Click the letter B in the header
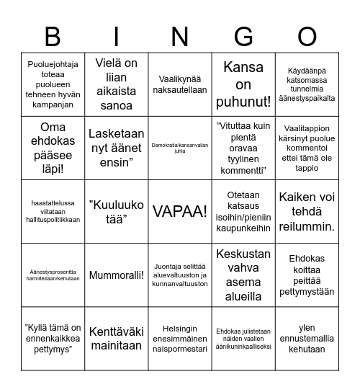point(53,35)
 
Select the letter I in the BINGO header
point(116,35)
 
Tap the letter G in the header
point(243,35)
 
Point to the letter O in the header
point(307,35)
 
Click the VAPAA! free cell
point(180,212)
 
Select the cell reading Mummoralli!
point(116,275)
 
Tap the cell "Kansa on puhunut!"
point(243,85)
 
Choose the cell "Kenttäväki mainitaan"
point(116,339)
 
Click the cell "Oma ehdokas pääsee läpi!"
point(53,148)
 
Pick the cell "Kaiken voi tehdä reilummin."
point(307,212)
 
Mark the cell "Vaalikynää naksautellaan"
point(180,85)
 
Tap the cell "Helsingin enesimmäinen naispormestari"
point(180,339)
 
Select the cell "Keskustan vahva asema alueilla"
point(243,275)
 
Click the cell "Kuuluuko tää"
point(116,212)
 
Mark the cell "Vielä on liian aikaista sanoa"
point(116,85)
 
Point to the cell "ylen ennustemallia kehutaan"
point(307,339)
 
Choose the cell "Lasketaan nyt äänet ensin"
point(116,148)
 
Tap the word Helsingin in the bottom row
point(180,327)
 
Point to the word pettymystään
point(307,292)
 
